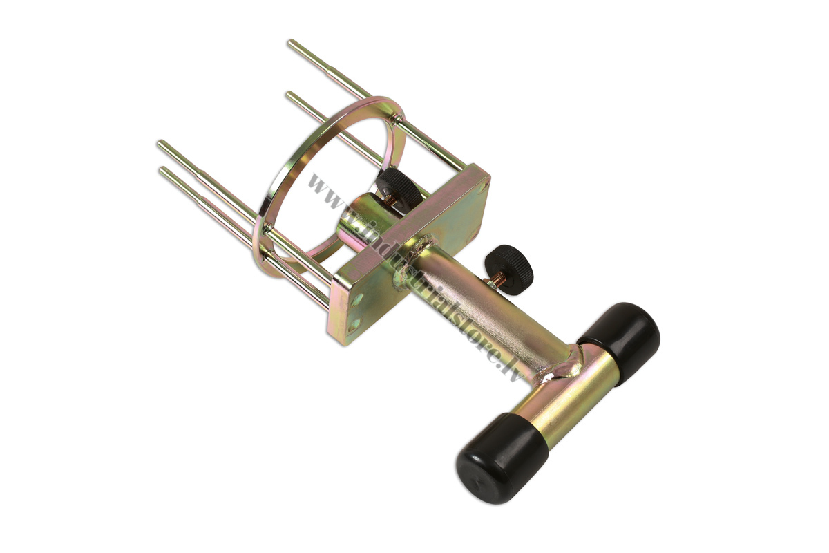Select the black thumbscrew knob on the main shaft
coord(508,264)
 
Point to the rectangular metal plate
coord(411,256)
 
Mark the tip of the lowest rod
coord(162,169)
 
